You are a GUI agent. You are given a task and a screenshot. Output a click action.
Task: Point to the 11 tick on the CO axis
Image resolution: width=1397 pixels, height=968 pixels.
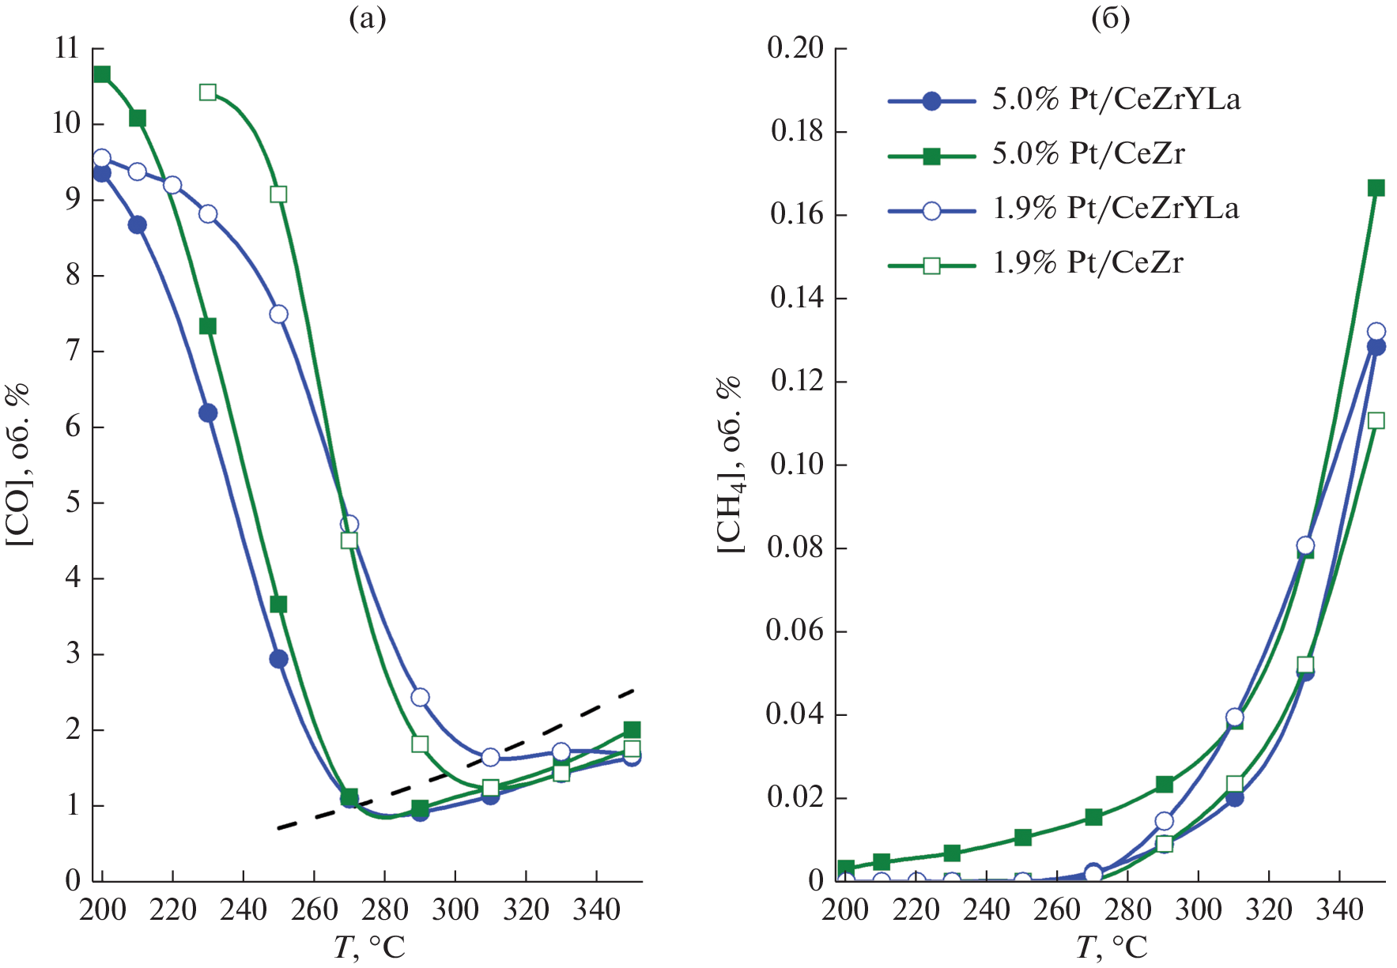coord(67,49)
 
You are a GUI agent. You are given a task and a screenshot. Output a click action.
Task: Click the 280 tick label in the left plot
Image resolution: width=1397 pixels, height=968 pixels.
coord(384,910)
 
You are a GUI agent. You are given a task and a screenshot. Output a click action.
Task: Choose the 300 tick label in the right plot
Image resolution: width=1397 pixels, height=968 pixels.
coord(1198,910)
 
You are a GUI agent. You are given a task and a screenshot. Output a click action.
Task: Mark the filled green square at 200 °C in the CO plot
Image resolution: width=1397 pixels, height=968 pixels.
coord(102,74)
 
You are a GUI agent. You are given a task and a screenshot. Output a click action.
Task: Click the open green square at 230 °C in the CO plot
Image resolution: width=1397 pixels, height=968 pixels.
coord(208,92)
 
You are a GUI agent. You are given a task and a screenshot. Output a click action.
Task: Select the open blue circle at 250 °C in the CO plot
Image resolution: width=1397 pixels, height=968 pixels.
coord(278,314)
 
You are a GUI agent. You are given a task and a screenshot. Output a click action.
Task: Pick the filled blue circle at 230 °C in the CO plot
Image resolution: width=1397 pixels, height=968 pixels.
coord(208,412)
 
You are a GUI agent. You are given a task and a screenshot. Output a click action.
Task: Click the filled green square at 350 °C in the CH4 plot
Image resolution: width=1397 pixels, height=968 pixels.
coord(1376,187)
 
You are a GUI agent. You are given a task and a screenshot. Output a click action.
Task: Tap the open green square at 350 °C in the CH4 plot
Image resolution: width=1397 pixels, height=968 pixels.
coord(1376,420)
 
